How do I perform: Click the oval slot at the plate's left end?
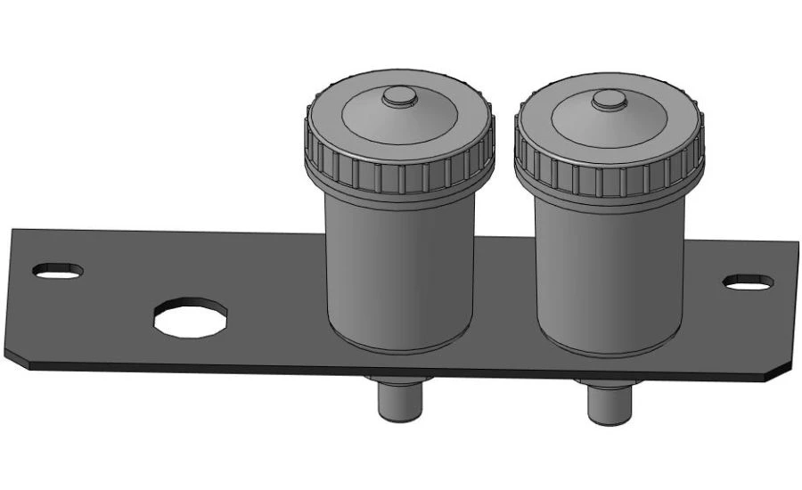(x=58, y=270)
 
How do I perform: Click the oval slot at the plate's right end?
(x=747, y=282)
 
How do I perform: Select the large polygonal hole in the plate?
(x=190, y=317)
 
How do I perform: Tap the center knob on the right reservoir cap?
(x=610, y=100)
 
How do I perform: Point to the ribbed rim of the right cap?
(x=609, y=166)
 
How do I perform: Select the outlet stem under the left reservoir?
(x=398, y=401)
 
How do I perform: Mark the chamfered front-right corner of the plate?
(x=780, y=372)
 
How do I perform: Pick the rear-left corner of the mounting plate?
(x=13, y=230)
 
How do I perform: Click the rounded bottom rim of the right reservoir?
(x=609, y=347)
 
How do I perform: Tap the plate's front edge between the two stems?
(x=503, y=374)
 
